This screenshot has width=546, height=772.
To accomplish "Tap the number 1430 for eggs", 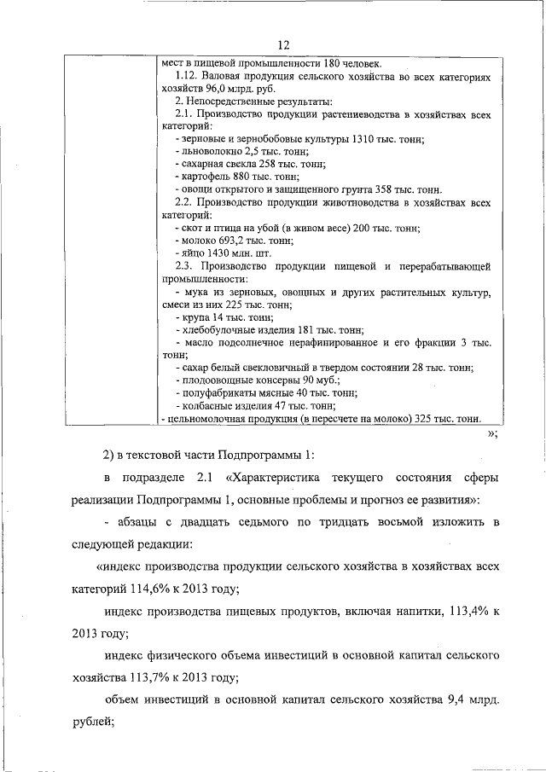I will click(x=221, y=254).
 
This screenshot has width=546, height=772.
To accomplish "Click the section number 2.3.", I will click(x=186, y=267).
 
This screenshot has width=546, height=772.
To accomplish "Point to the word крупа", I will click(x=194, y=317).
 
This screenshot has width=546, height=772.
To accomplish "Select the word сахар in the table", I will click(x=195, y=368).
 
